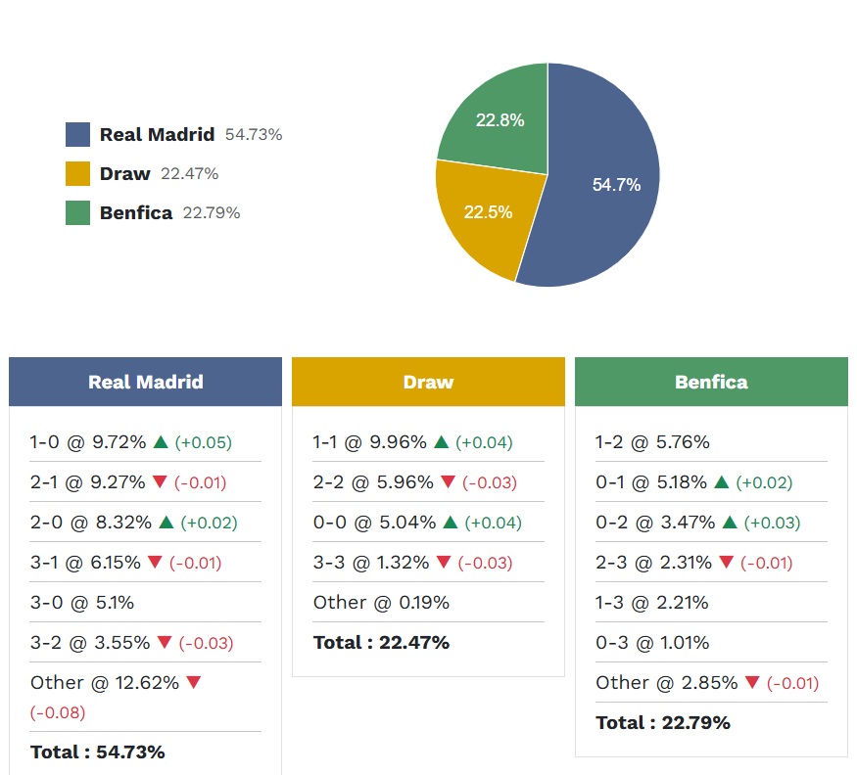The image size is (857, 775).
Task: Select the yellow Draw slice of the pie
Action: click(x=485, y=215)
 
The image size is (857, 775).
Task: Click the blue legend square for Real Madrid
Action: click(x=77, y=134)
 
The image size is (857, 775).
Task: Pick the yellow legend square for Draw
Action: click(x=77, y=173)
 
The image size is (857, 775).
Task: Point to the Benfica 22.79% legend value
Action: click(x=212, y=212)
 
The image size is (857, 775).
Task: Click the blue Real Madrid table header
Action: click(x=145, y=382)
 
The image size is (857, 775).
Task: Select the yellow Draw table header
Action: click(x=428, y=382)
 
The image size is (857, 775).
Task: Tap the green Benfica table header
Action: click(x=711, y=382)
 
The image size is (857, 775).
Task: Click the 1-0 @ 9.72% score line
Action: click(x=89, y=442)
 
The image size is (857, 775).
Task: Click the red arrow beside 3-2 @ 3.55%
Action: click(x=164, y=643)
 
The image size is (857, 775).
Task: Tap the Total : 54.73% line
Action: click(x=98, y=752)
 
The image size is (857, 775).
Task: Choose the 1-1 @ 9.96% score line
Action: click(x=370, y=442)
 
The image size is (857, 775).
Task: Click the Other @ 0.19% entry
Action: click(x=381, y=603)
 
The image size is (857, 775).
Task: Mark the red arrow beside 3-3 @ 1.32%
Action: click(x=448, y=563)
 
